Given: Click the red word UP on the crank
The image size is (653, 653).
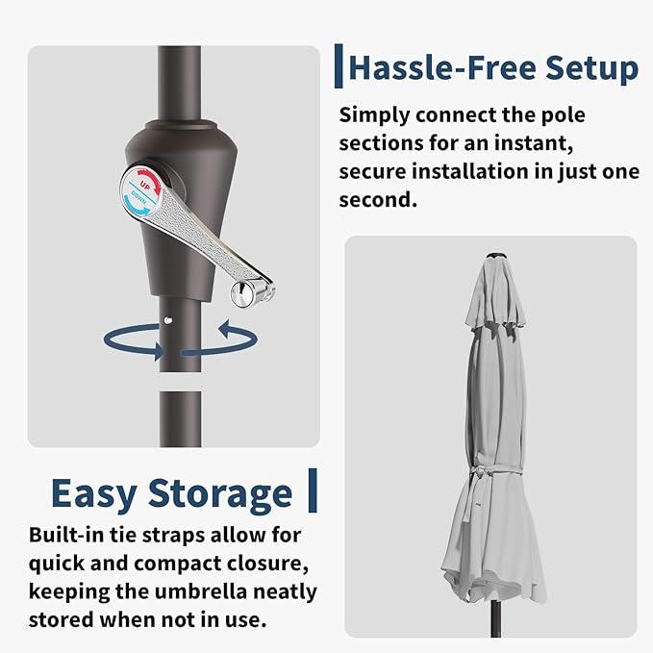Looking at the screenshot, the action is coord(145,186).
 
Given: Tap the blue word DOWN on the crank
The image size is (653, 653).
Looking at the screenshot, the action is coord(138,197).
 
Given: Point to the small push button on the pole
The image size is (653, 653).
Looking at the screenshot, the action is coord(168,320).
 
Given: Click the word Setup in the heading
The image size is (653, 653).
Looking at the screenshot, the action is coord(591,68).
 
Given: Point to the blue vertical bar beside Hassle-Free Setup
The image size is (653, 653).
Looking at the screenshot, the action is coord(339,66).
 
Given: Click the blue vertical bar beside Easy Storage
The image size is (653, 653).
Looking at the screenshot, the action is coord(313,490).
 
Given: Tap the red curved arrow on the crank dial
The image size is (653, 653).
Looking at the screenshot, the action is coord(151,179).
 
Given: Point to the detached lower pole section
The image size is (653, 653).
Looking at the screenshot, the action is coord(181,419).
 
